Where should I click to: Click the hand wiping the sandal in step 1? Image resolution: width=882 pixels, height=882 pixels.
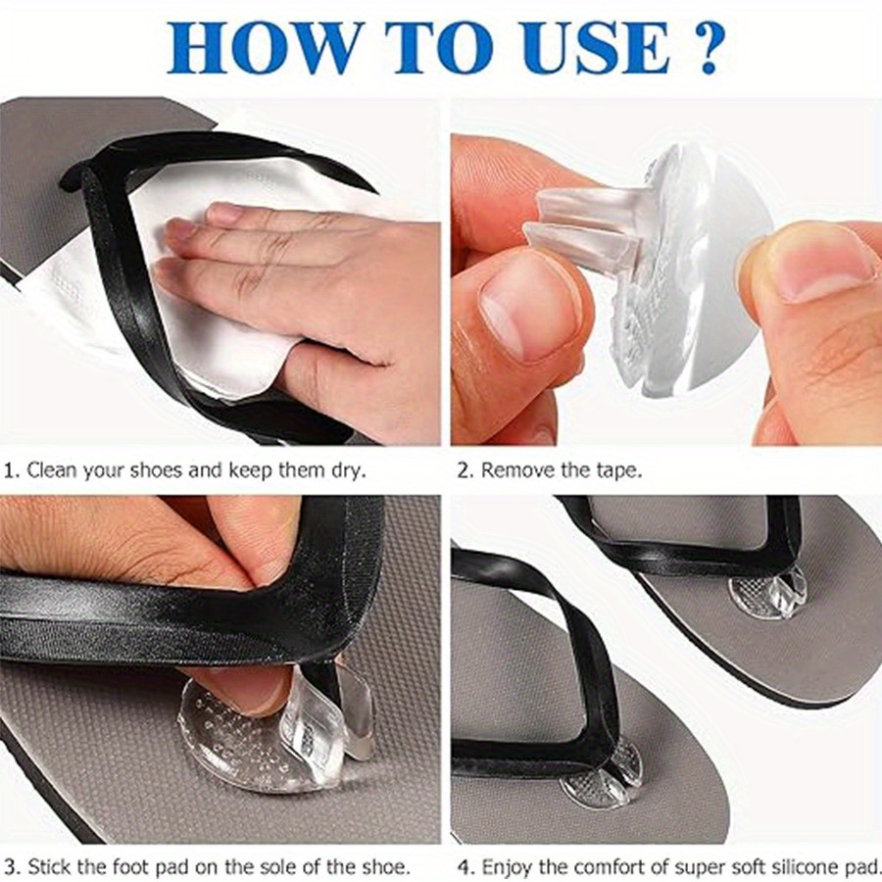pos(323,284)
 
